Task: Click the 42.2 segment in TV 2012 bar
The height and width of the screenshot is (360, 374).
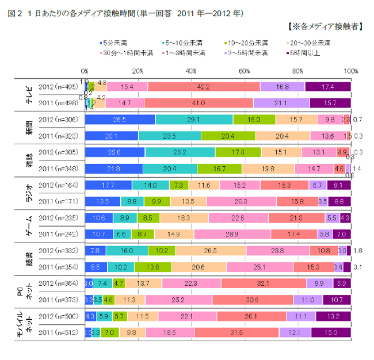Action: tap(204, 86)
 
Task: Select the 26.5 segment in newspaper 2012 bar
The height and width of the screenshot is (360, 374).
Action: tap(120, 120)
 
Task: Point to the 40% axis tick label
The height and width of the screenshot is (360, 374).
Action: tap(191, 71)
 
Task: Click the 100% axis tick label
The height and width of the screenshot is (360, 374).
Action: tap(350, 71)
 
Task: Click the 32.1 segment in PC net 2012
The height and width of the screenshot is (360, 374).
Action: tap(264, 284)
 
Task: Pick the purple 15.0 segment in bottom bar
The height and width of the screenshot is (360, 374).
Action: tap(331, 332)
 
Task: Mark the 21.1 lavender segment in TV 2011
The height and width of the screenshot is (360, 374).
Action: tap(281, 103)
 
